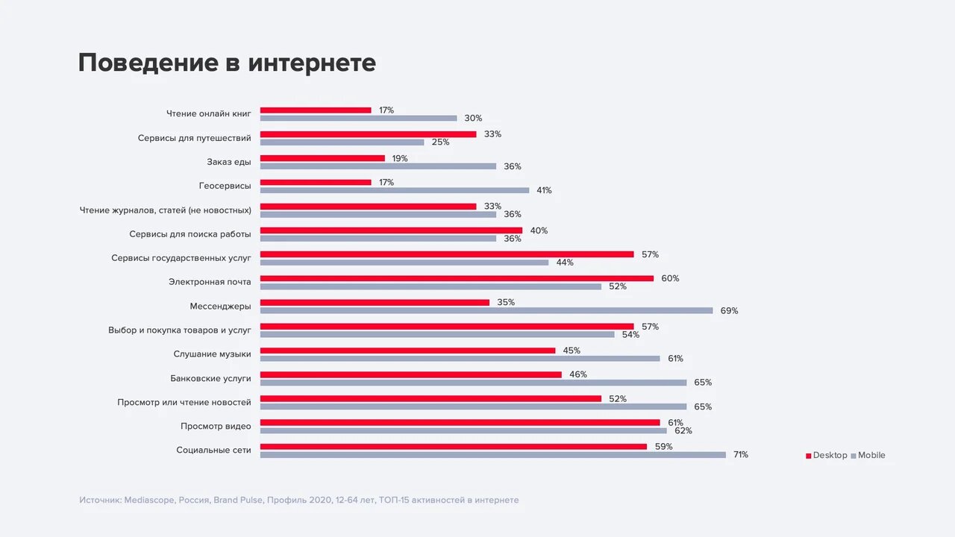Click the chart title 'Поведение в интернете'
click(227, 63)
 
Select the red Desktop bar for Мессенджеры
click(375, 302)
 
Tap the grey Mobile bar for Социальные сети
click(492, 454)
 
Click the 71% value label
click(740, 454)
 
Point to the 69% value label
click(729, 310)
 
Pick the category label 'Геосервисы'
click(225, 186)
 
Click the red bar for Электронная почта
click(457, 278)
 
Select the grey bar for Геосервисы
click(394, 190)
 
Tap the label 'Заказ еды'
click(228, 162)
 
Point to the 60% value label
click(670, 278)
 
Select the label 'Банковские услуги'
click(210, 378)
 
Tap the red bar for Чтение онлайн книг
click(316, 110)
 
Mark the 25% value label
click(440, 142)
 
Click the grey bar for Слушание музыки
click(460, 358)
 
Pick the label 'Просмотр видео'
click(216, 426)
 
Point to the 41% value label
click(544, 190)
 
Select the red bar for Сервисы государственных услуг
click(447, 254)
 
